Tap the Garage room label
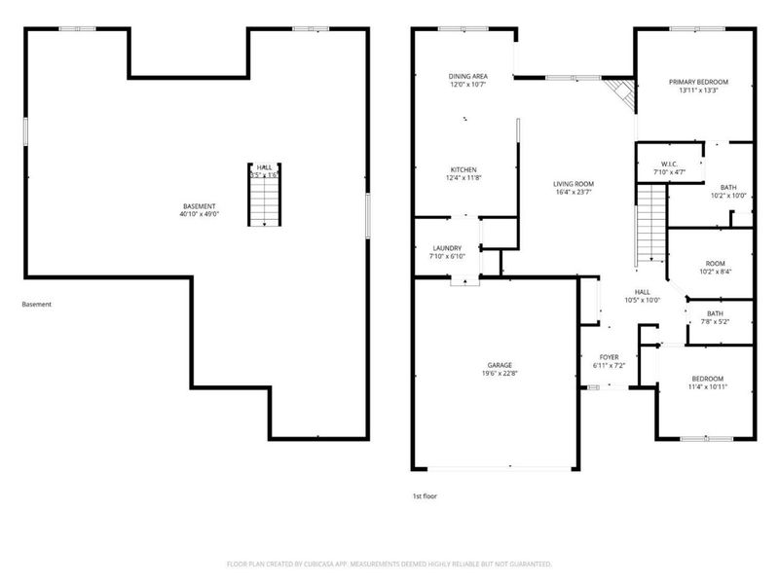500,365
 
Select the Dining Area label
467,76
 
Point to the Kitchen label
463,169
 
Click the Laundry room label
448,248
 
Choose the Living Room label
574,184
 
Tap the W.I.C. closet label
669,164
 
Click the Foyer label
609,357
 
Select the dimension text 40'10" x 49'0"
200,214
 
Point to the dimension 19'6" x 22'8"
500,374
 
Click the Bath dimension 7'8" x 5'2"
715,322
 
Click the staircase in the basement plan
264,199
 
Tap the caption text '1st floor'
425,495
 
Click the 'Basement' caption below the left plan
37,305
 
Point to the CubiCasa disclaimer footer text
389,564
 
